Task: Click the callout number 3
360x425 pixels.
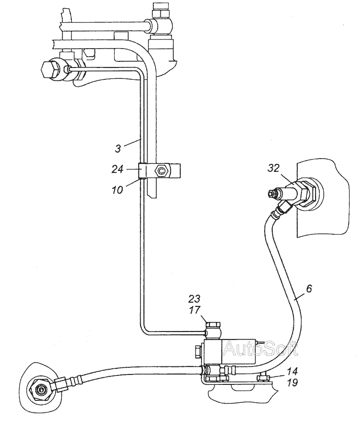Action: click(x=118, y=148)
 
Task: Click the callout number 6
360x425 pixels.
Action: click(x=309, y=287)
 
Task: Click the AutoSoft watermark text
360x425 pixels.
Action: click(x=260, y=349)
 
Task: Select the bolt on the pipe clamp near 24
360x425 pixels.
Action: click(x=162, y=170)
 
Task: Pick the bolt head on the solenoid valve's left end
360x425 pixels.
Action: click(x=197, y=352)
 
